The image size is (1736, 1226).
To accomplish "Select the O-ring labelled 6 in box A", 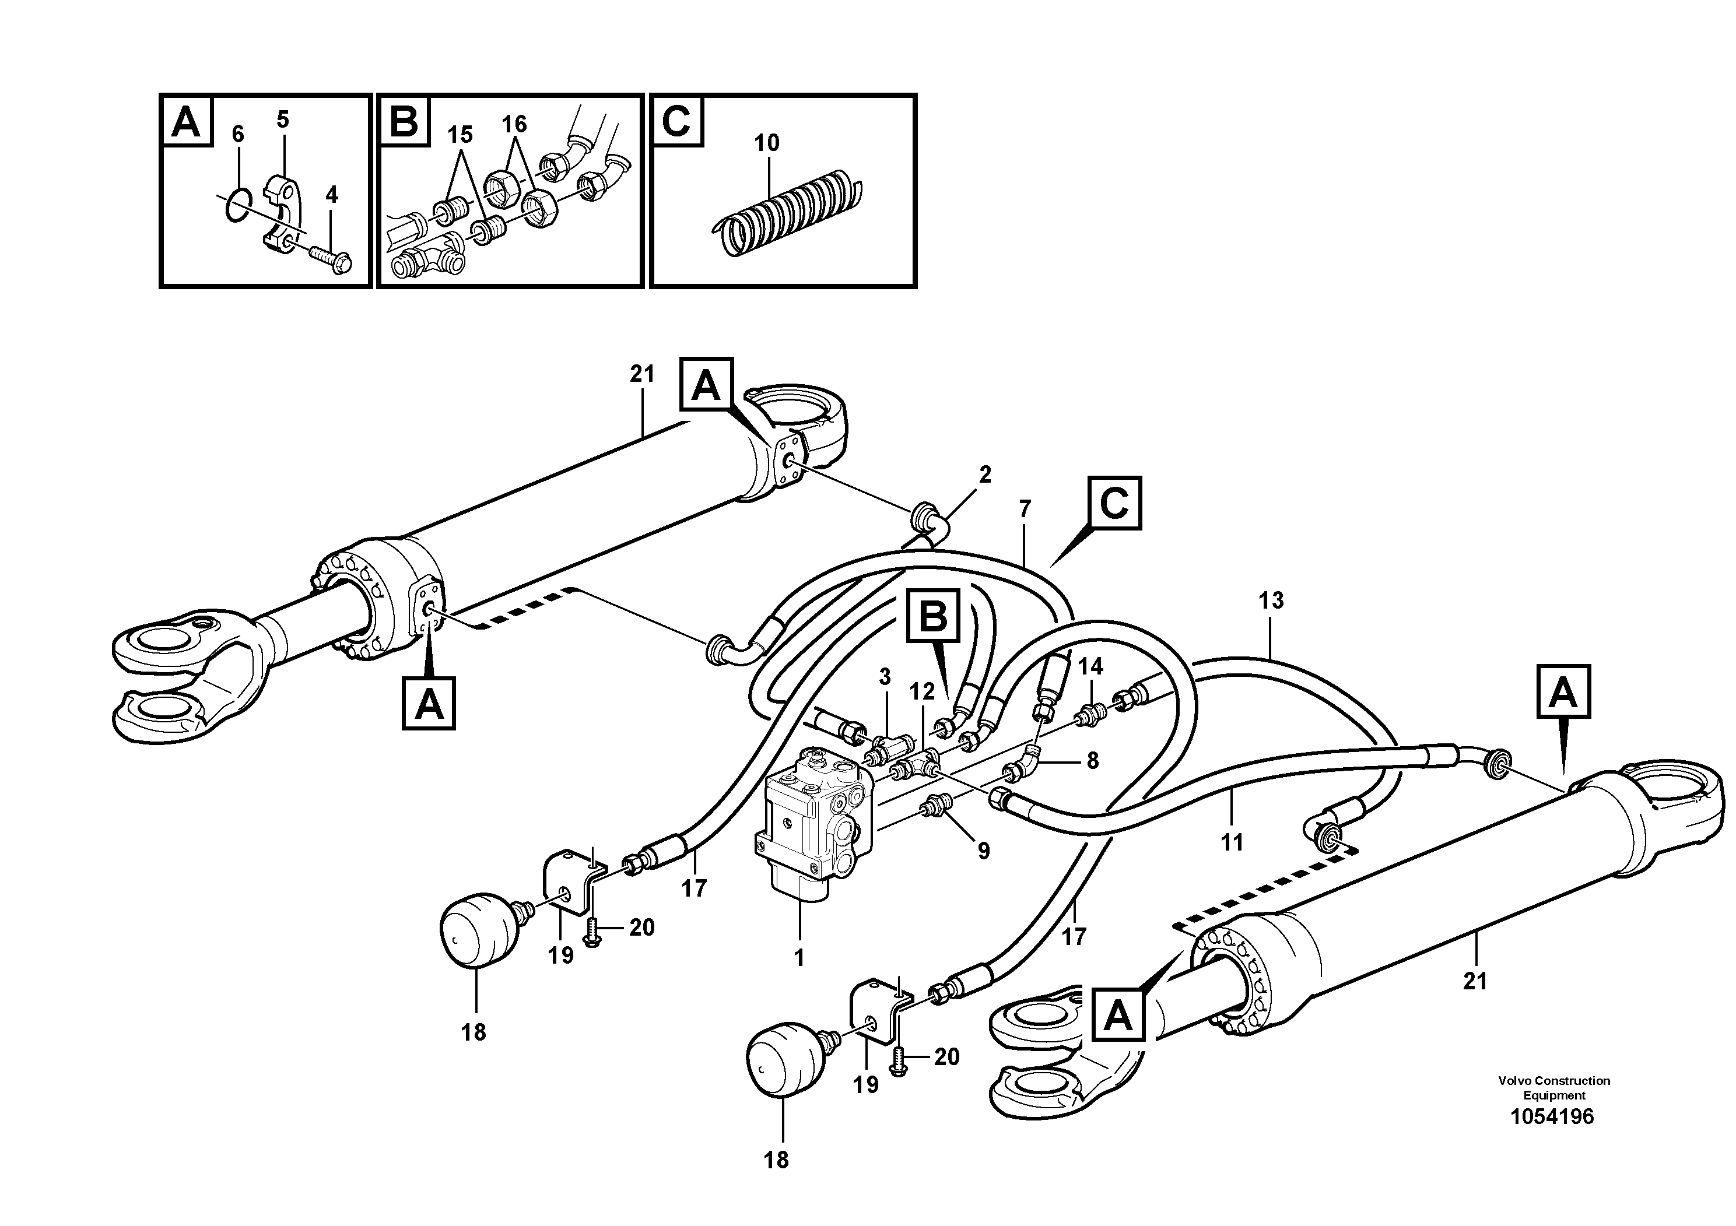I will click(x=236, y=206).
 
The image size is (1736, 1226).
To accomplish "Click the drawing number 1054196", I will click(x=1552, y=1116).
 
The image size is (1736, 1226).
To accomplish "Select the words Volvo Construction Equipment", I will click(x=1554, y=1088).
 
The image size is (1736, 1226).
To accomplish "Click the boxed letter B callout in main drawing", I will click(x=933, y=617).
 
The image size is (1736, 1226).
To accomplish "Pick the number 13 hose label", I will click(x=1271, y=601).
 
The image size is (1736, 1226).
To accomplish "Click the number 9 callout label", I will click(x=983, y=852).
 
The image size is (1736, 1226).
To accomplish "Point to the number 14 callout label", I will click(x=1089, y=666).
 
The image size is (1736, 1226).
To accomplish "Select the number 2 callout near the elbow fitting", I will click(x=984, y=475).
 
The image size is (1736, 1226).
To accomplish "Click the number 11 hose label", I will click(x=1232, y=842).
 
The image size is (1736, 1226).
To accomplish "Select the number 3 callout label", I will click(x=885, y=676).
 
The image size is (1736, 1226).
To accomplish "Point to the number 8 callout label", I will click(x=1092, y=760).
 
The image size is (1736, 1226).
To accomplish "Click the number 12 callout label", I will click(x=923, y=691).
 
